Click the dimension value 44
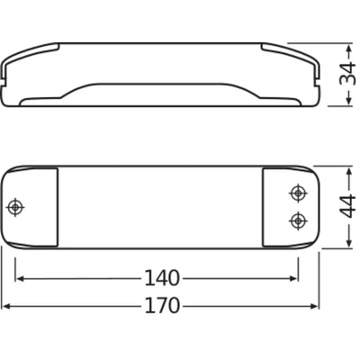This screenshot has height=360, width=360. (x=346, y=208)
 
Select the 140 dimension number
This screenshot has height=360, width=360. (x=162, y=278)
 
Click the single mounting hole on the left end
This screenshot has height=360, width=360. (x=15, y=208)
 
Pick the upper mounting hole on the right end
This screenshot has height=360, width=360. (x=296, y=193)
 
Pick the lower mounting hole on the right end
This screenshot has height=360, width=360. (x=296, y=220)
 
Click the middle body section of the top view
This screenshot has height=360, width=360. (x=162, y=208)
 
